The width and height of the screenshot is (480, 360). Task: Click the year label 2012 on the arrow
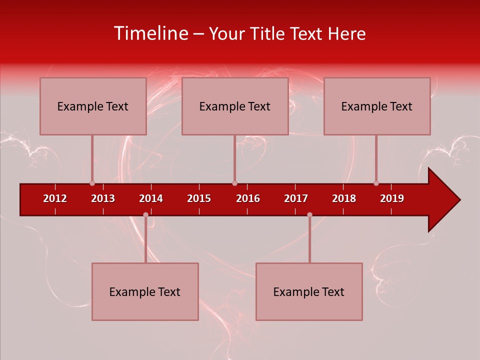click(55, 198)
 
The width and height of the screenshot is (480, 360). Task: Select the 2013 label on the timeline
click(103, 198)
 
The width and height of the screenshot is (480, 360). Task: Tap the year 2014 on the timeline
click(151, 198)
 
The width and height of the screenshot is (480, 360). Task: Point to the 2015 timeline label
click(199, 198)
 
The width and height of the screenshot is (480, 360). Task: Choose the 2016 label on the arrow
click(248, 198)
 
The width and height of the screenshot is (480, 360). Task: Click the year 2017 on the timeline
click(296, 198)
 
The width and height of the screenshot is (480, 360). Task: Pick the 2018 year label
click(344, 198)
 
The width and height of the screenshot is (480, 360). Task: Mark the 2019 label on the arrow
click(392, 198)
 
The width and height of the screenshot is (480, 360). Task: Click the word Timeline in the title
click(150, 33)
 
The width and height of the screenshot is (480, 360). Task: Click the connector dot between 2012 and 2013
click(92, 183)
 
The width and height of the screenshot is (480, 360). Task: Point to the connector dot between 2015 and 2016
click(234, 183)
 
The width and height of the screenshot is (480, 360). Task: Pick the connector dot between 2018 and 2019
click(376, 183)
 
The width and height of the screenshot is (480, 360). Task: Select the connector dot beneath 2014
click(145, 215)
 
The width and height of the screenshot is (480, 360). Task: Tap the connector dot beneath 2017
click(309, 215)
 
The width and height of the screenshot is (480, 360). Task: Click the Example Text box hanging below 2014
click(145, 291)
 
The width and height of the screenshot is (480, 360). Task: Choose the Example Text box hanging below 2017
click(309, 291)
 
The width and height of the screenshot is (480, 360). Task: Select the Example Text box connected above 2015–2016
click(235, 106)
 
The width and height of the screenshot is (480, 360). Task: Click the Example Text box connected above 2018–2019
click(377, 106)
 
